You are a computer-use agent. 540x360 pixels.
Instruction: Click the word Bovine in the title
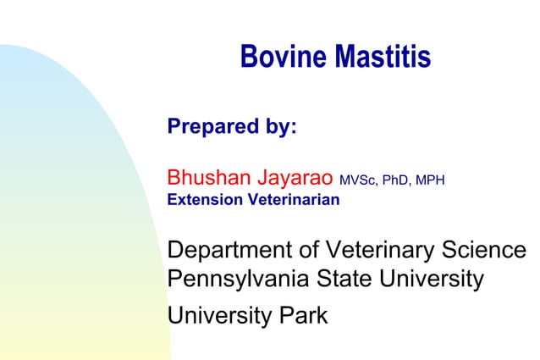tap(284, 57)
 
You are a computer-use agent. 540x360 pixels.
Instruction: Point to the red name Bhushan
tap(207, 179)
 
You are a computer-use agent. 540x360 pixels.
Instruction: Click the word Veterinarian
tap(293, 201)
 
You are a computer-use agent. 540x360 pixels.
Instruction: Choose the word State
tap(333, 279)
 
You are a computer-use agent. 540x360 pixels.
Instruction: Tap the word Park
tap(303, 317)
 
